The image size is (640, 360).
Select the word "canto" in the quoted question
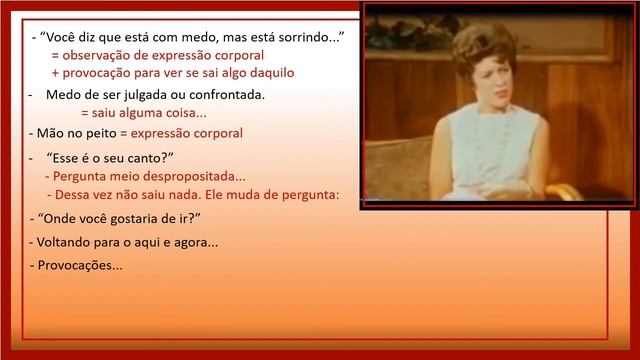click(145, 158)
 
